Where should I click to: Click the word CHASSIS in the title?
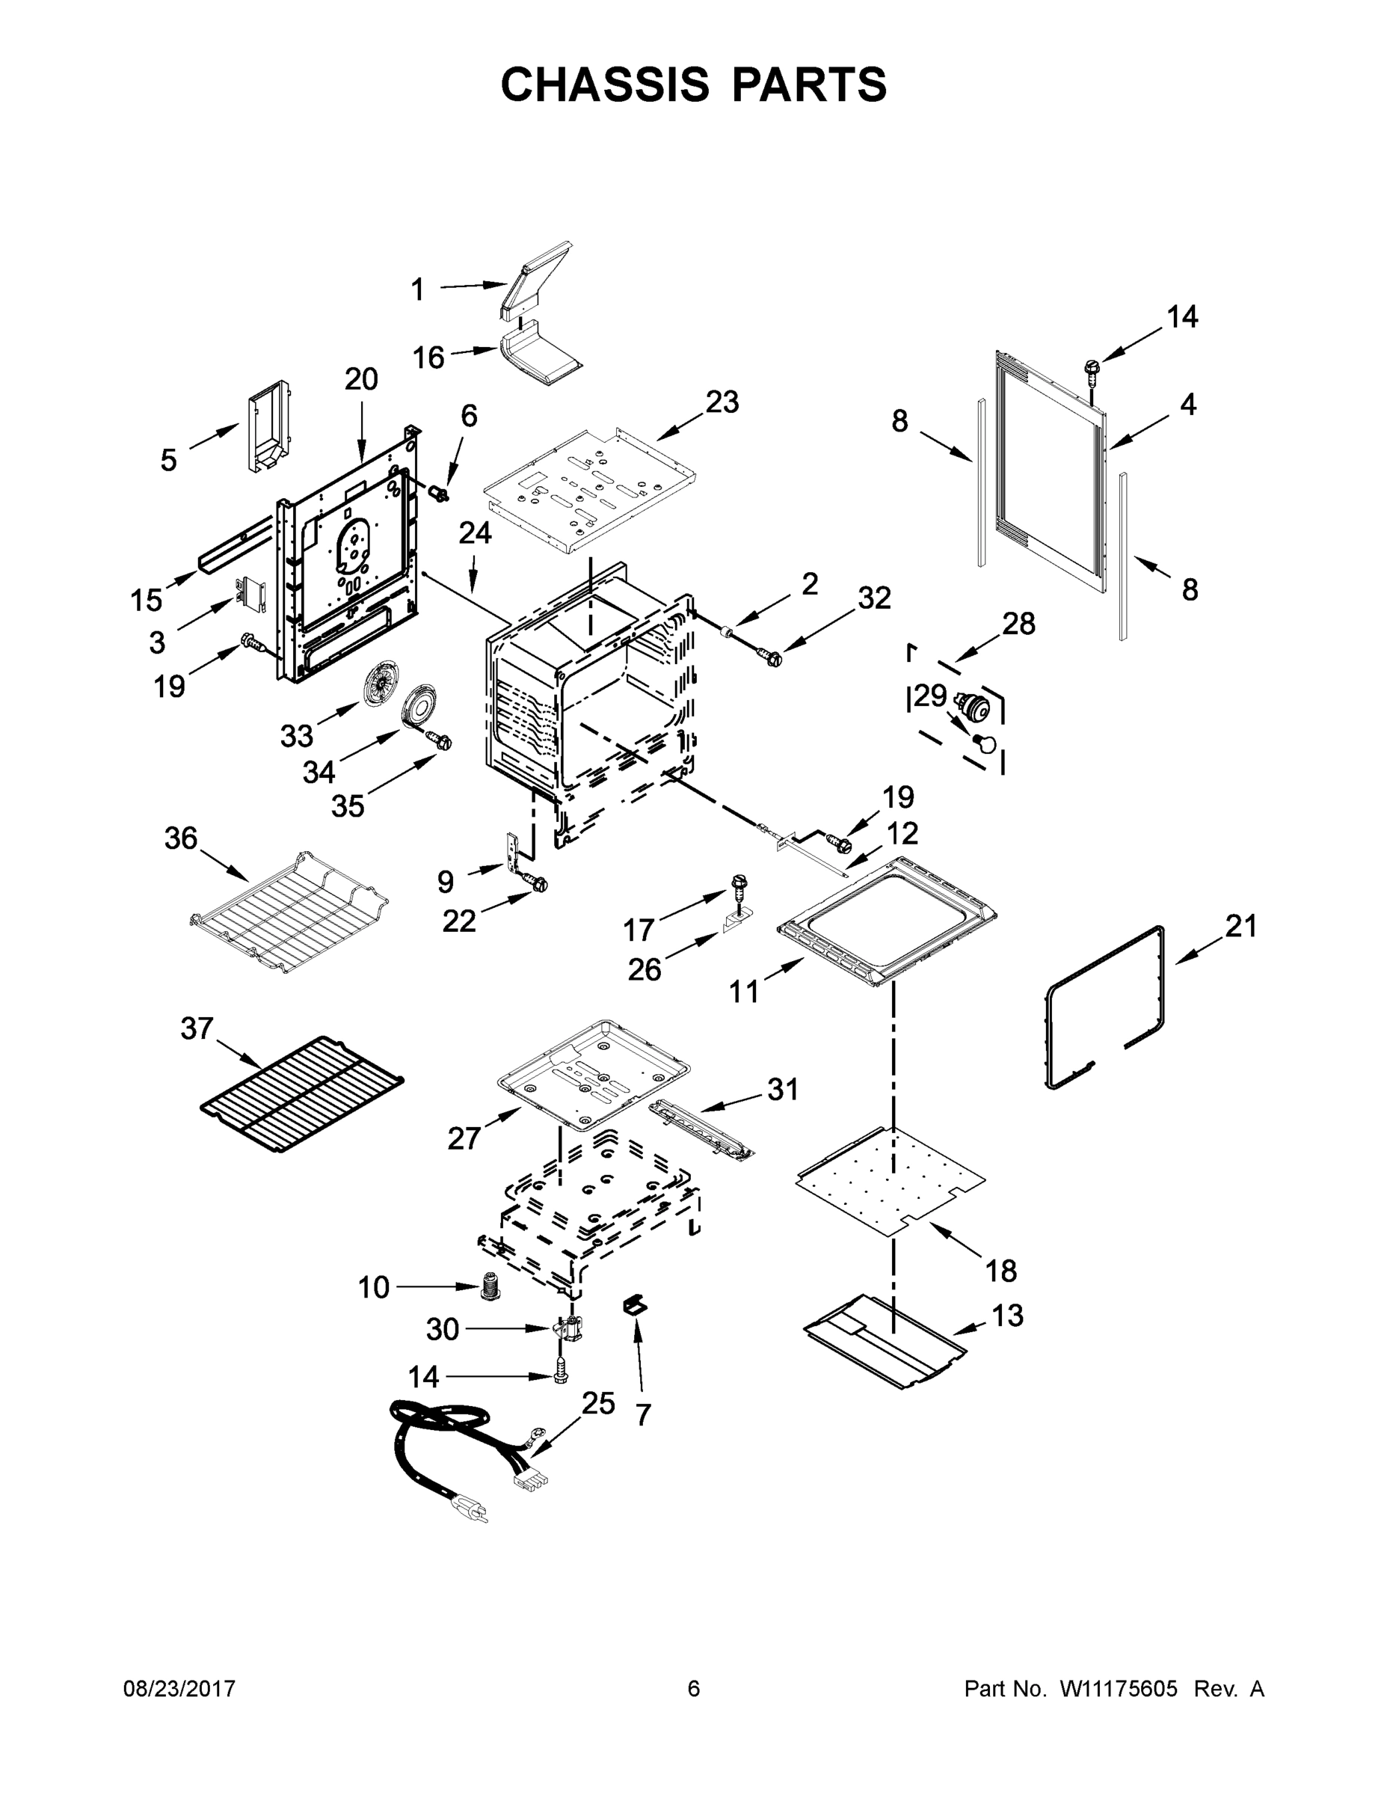[x=605, y=85]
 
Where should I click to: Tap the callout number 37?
[x=197, y=1028]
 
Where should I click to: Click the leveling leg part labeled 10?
[x=491, y=1286]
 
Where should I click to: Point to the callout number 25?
[x=597, y=1404]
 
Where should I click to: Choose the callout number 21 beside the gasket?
[x=1240, y=926]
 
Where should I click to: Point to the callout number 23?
[x=722, y=402]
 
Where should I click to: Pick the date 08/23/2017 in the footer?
[x=179, y=1689]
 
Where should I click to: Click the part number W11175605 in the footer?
[x=1119, y=1689]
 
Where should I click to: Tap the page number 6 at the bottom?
[x=694, y=1689]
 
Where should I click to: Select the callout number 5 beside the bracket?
[x=168, y=460]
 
